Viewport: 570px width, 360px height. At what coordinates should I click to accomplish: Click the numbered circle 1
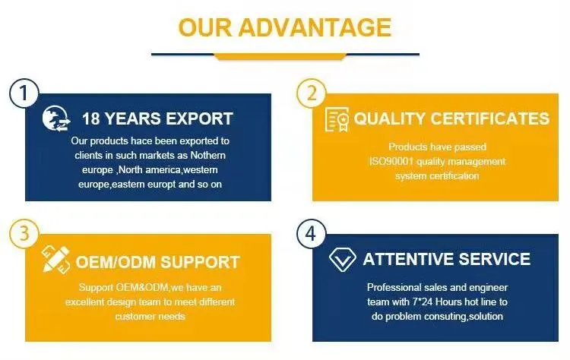pos(24,95)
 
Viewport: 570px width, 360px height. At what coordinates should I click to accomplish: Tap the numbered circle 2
pos(310,95)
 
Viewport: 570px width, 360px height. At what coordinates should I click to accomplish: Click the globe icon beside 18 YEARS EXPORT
pos(56,118)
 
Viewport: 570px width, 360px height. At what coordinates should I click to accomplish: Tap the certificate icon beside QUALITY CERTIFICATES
pos(337,119)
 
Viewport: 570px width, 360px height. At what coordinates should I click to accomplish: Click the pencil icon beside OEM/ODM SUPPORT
pos(56,260)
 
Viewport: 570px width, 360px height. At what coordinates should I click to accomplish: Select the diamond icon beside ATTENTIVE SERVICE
pos(343,259)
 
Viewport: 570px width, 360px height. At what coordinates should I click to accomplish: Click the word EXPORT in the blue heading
pos(197,118)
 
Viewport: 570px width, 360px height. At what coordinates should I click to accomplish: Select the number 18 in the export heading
pos(90,118)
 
